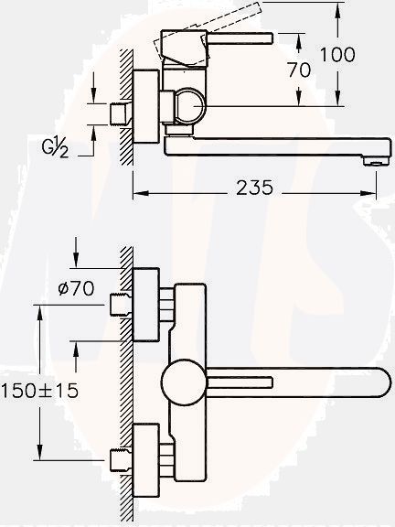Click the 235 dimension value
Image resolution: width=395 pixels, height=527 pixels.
point(255,188)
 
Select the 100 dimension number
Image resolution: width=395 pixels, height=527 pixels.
point(337,55)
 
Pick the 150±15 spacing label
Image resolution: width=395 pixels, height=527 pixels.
point(40,390)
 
